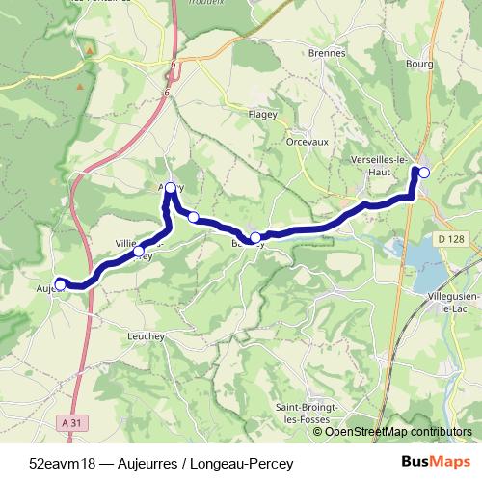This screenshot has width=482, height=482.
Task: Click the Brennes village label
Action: tap(327, 53)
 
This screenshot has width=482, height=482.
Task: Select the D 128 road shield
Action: tap(449, 239)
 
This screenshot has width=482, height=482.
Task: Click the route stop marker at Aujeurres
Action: tap(60, 283)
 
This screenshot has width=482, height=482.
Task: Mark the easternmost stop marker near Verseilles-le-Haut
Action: tap(423, 172)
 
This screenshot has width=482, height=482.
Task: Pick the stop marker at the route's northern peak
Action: tap(171, 187)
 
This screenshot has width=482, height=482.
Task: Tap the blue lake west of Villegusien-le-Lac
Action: tap(425, 254)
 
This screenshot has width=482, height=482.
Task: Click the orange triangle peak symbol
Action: tap(90, 48)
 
